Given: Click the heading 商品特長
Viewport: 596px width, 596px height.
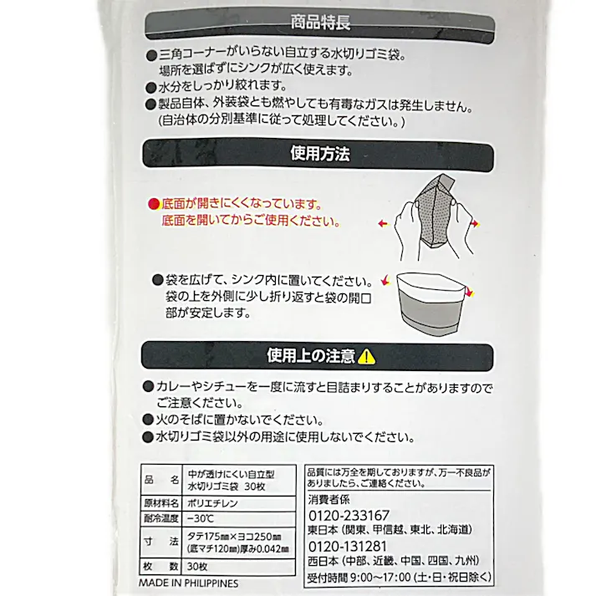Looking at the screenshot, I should [319, 23].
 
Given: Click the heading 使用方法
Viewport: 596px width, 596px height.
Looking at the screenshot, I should [319, 154].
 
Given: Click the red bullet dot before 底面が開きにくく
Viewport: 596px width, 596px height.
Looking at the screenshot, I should [152, 203].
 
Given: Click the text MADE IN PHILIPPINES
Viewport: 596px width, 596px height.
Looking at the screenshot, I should [187, 583].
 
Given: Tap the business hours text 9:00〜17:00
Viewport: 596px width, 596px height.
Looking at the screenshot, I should [376, 576].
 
